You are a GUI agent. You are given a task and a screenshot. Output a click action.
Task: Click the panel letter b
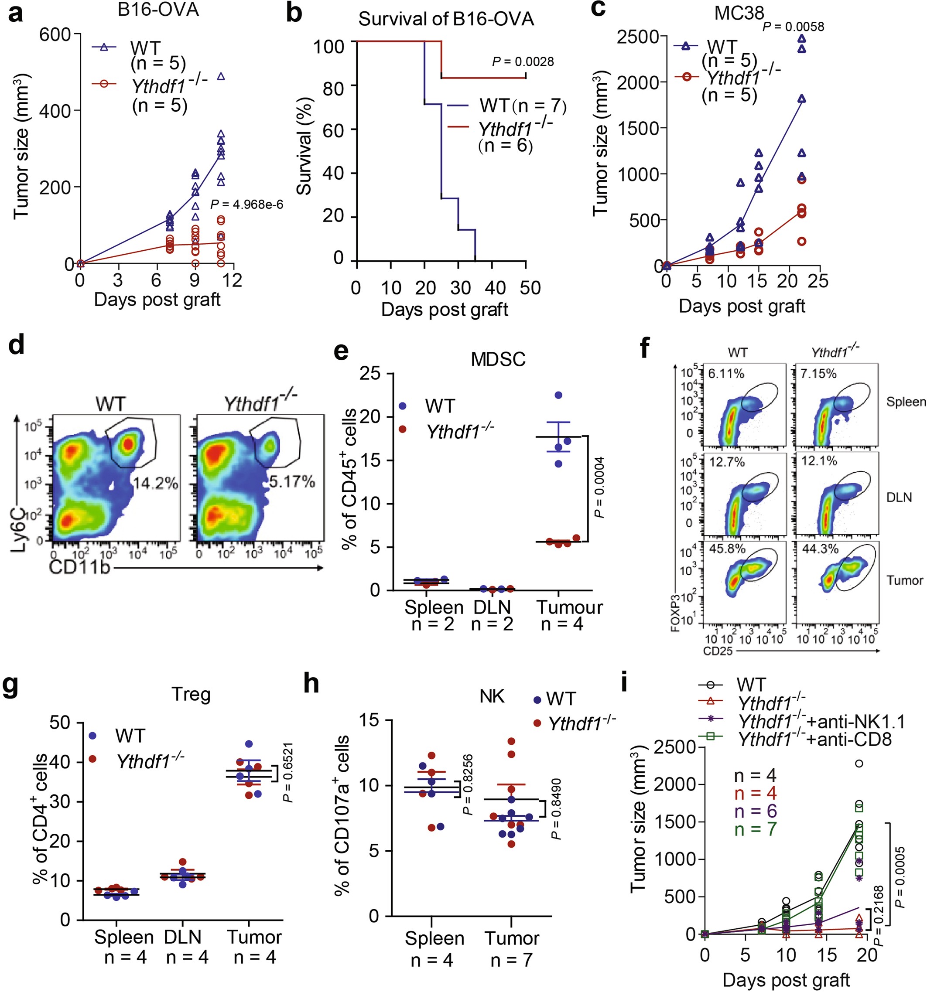pyautogui.click(x=294, y=14)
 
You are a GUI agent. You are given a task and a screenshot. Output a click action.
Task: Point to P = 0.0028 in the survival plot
pyautogui.click(x=523, y=62)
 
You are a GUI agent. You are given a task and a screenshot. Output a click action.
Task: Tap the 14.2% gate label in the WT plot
pyautogui.click(x=156, y=483)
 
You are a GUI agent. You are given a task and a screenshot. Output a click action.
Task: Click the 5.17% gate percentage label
pyautogui.click(x=292, y=481)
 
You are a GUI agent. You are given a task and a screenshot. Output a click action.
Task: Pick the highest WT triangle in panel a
pyautogui.click(x=221, y=76)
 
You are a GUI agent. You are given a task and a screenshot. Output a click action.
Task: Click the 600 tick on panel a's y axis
pyautogui.click(x=55, y=35)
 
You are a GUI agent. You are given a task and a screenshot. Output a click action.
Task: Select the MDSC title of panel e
pyautogui.click(x=498, y=359)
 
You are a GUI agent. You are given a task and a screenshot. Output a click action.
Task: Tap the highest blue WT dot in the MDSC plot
pyautogui.click(x=558, y=395)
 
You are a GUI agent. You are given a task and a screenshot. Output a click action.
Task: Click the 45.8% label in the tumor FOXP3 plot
pyautogui.click(x=727, y=549)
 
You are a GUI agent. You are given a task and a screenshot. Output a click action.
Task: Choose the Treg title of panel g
pyautogui.click(x=191, y=695)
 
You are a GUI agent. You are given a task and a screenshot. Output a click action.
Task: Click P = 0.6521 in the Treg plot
pyautogui.click(x=288, y=772)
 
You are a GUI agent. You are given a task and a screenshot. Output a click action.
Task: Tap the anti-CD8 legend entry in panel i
pyautogui.click(x=814, y=739)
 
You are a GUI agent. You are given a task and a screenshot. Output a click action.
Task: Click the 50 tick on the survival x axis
pyautogui.click(x=530, y=288)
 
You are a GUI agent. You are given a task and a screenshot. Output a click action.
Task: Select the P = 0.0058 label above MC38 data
pyautogui.click(x=793, y=27)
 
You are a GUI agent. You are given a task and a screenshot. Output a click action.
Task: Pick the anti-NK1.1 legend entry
pyautogui.click(x=821, y=722)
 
